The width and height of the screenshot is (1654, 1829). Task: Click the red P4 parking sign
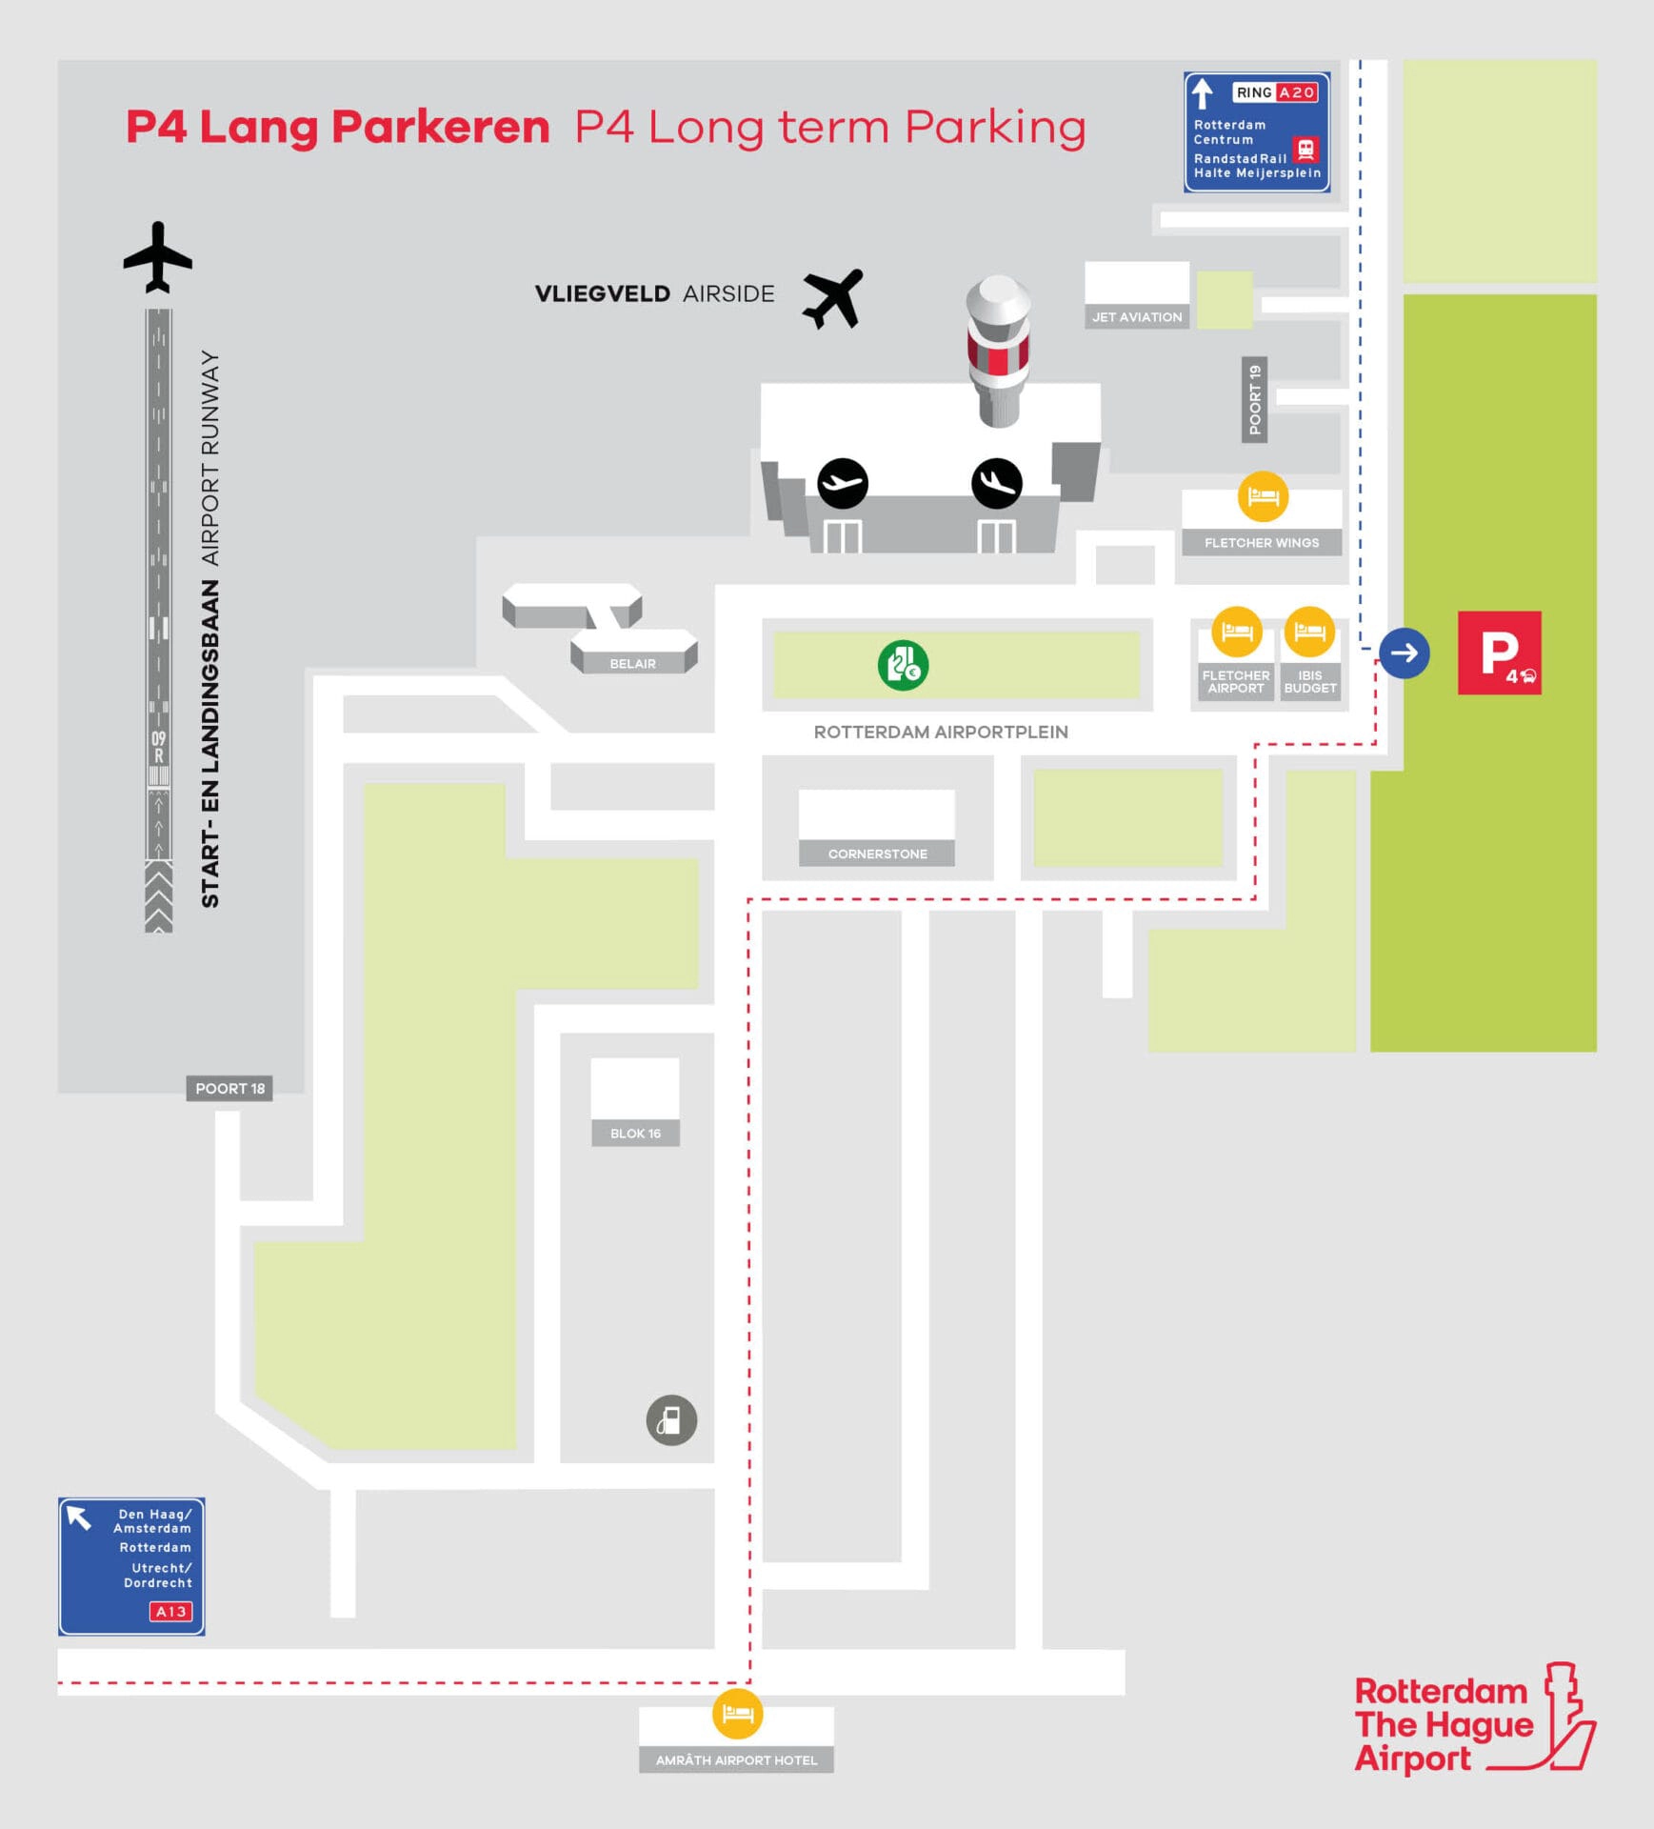coord(1499,653)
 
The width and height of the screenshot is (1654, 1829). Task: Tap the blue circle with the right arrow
coord(1404,653)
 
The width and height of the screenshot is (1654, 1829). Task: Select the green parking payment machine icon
coord(903,665)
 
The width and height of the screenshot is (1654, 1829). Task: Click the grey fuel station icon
coord(671,1420)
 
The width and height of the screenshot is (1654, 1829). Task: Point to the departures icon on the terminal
coord(843,483)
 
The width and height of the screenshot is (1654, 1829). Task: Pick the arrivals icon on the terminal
coord(996,483)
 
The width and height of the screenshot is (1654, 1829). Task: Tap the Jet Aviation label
coord(1137,317)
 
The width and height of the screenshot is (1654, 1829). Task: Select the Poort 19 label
coord(1254,399)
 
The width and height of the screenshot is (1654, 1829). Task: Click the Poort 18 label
coord(229,1089)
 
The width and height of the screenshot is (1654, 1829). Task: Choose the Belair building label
coord(632,664)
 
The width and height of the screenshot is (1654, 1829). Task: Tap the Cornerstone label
coord(877,854)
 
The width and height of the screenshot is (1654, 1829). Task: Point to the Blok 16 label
coord(635,1134)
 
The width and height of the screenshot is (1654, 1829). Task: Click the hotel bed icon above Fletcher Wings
coord(1263,496)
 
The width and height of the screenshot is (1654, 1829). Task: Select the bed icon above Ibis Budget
coord(1309,631)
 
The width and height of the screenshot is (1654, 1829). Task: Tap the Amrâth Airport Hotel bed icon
coord(737,1714)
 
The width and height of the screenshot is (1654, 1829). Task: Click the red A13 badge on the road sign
coord(170,1612)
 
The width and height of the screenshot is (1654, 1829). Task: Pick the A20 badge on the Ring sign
coord(1296,92)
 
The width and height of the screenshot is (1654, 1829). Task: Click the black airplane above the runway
coord(158,257)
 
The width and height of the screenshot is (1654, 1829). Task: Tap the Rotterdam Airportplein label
coord(941,732)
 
